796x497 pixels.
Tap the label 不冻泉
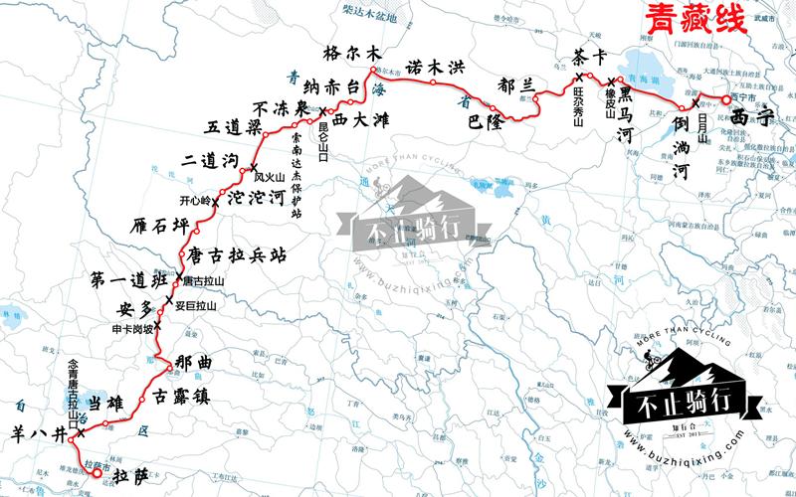click(279, 108)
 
